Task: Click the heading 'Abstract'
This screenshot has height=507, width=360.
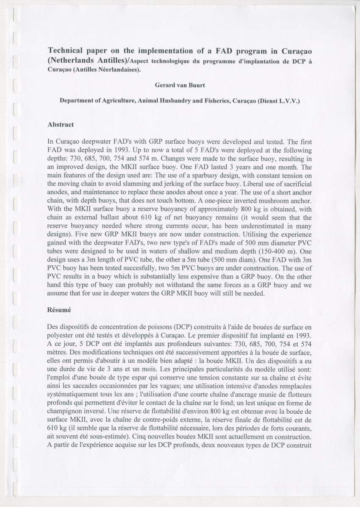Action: click(x=61, y=125)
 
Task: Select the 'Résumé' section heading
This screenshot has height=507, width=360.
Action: click(x=59, y=310)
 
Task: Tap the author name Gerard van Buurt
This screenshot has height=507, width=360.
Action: click(x=180, y=85)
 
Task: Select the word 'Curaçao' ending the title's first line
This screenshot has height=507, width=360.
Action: click(x=297, y=51)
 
